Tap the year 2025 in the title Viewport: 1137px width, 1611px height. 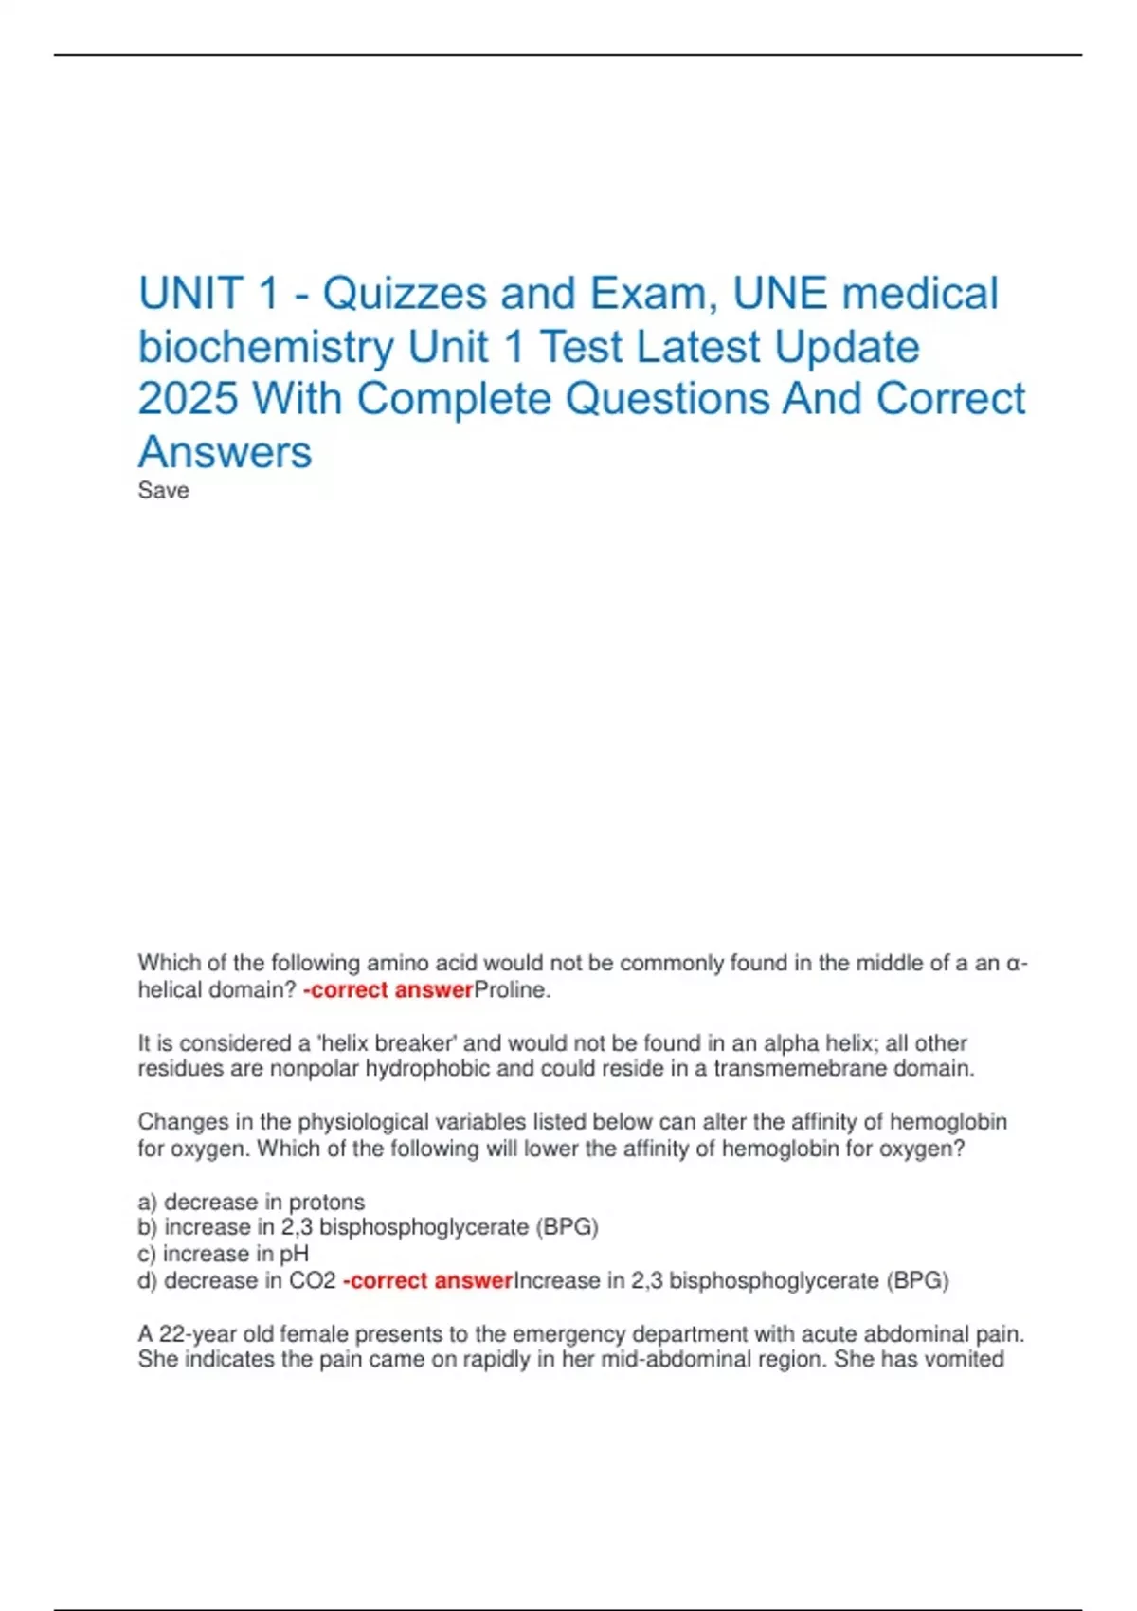click(x=188, y=399)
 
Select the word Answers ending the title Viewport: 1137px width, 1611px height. click(x=225, y=452)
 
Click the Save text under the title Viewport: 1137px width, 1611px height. click(x=163, y=491)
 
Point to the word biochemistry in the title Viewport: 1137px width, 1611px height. click(x=265, y=348)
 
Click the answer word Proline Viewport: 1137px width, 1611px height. click(x=511, y=990)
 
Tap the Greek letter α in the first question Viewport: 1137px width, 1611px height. click(x=1014, y=964)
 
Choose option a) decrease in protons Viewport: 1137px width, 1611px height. click(x=251, y=1202)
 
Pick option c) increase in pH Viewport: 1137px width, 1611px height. click(x=224, y=1254)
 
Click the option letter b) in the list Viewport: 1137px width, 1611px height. click(x=148, y=1227)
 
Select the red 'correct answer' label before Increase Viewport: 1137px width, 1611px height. click(x=428, y=1281)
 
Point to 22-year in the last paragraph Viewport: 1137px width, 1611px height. click(x=199, y=1334)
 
